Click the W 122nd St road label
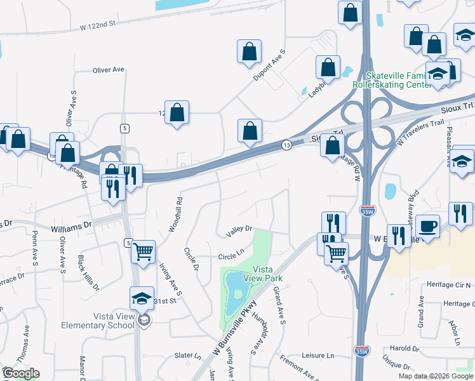99,27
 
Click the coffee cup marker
427,226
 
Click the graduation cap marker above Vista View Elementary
142,298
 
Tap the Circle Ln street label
231,257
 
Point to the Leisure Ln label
318,356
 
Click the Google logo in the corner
21,373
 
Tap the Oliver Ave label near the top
108,70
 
